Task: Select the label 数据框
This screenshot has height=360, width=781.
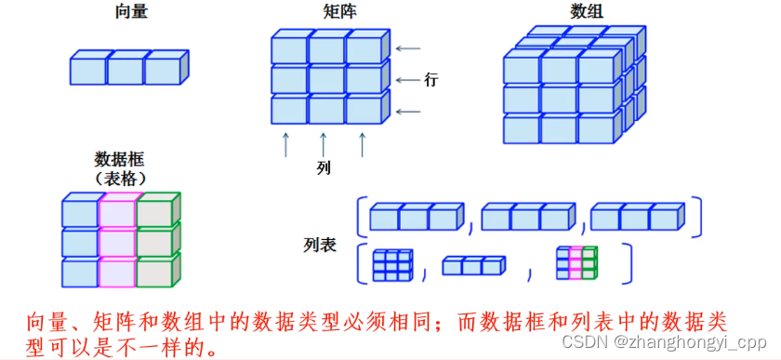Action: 118,158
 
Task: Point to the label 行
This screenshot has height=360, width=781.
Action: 430,79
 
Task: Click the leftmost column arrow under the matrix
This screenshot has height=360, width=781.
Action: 286,144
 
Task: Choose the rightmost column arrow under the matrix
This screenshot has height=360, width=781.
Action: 363,144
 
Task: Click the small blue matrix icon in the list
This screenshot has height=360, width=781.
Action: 391,264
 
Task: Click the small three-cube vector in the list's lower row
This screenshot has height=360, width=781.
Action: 474,267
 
